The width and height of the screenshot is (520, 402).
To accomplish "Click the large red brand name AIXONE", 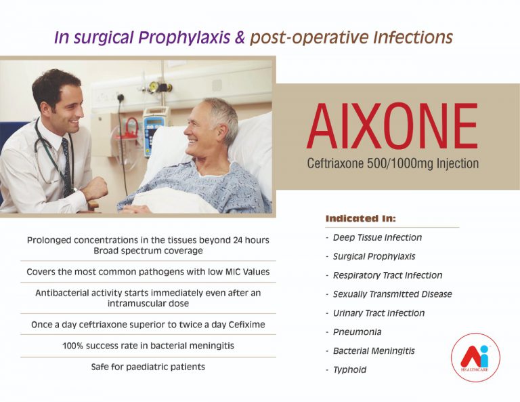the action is pos(392,126).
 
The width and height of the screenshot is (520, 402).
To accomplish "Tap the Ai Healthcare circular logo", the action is pos(475,357).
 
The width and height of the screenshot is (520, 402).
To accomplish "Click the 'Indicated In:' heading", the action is pos(360,218).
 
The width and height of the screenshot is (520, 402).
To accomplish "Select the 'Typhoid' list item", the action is pos(349,369).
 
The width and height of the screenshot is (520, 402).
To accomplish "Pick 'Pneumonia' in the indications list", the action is pos(357,331).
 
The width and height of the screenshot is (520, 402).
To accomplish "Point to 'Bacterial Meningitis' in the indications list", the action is pos(374,350).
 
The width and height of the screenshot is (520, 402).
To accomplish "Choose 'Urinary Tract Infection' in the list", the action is pos(378,313).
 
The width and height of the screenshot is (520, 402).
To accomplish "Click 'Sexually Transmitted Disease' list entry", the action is pos(392,294).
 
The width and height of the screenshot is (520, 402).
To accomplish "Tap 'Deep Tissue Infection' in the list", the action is pos(377,237).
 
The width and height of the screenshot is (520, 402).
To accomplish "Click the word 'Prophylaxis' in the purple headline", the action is pos(184,37).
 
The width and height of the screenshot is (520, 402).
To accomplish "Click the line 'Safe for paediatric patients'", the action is pos(148,367).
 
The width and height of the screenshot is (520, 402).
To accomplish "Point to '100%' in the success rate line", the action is pos(72,346).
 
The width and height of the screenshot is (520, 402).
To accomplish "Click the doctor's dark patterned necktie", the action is pos(67,166).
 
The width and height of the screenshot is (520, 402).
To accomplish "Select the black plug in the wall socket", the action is pos(121,98).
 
